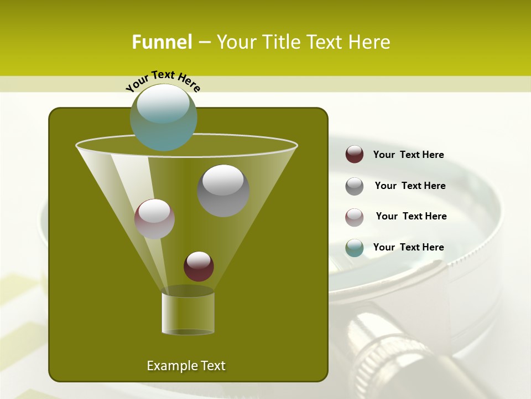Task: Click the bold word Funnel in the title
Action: coord(162,42)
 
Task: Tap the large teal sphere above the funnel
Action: coord(164,117)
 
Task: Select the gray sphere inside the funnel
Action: coord(223,191)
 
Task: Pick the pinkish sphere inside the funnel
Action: coord(154,219)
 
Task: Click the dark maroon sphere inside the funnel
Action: coord(199,266)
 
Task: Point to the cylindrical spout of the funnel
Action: coord(188,313)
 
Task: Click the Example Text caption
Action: coord(186,366)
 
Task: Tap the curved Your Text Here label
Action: coord(163,81)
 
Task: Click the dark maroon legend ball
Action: coord(355,155)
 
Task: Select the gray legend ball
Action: coord(355,186)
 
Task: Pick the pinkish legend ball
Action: coord(355,217)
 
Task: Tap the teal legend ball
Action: coord(355,248)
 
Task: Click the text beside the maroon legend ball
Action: coord(408,155)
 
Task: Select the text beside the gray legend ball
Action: coord(410,186)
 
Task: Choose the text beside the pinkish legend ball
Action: coord(411,217)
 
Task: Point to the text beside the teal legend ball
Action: coord(408,248)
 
